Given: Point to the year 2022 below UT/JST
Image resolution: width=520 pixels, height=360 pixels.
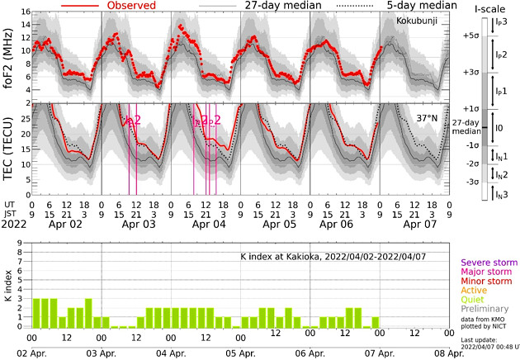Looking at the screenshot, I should [x=15, y=223].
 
